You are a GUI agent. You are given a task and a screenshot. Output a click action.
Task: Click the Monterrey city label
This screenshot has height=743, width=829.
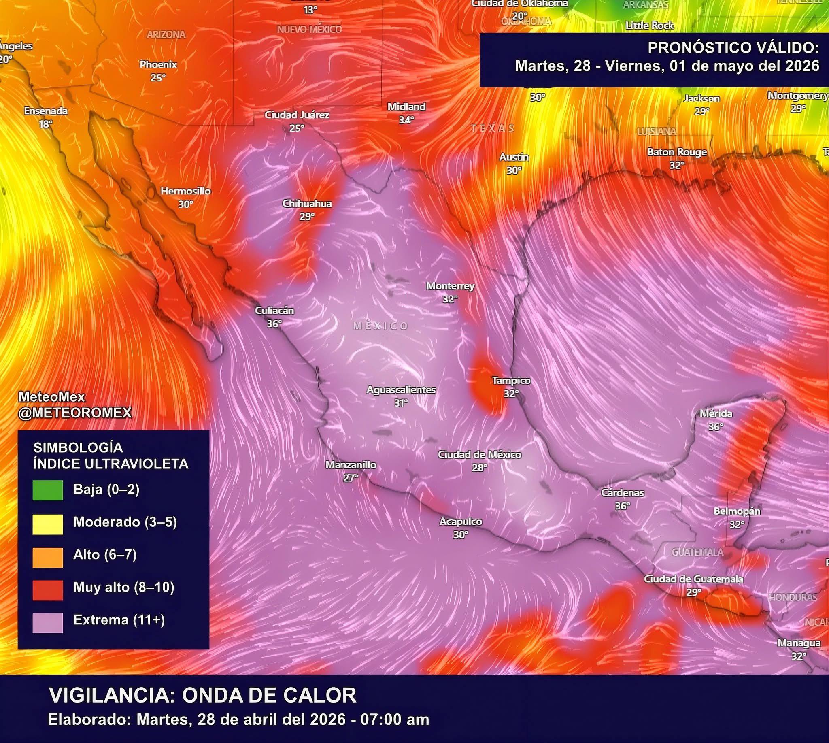tap(450, 286)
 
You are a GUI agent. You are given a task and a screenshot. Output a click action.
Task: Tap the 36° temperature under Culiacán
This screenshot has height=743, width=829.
tap(274, 324)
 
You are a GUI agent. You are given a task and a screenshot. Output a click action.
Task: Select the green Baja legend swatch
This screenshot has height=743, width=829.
tap(48, 490)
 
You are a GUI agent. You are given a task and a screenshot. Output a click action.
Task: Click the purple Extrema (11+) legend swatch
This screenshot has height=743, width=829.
tap(48, 623)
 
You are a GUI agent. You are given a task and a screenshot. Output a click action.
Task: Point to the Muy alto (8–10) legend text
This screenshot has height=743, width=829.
tap(124, 588)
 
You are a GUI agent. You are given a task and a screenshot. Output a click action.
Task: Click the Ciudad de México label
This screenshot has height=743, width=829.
tap(479, 454)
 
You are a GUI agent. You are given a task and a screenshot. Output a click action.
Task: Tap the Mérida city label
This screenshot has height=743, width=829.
tap(716, 413)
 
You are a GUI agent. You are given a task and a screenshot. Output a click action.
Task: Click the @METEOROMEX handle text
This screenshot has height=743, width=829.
tap(75, 413)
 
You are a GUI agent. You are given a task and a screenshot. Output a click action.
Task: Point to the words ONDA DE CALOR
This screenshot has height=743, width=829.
tap(269, 695)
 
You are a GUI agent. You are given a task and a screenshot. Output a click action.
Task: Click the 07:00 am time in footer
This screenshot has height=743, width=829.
tap(395, 720)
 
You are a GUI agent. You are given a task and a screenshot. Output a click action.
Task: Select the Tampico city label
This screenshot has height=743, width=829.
tap(511, 381)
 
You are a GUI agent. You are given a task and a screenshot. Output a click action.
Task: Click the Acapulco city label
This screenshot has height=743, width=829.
tap(461, 522)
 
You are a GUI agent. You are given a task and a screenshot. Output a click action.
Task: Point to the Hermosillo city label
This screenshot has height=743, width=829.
tap(186, 191)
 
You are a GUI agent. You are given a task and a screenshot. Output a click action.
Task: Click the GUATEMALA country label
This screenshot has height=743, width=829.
tap(697, 552)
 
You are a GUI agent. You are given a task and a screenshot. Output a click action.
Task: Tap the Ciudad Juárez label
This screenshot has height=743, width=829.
tap(297, 115)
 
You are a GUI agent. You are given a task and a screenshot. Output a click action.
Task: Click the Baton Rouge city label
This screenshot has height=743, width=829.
tap(677, 152)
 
